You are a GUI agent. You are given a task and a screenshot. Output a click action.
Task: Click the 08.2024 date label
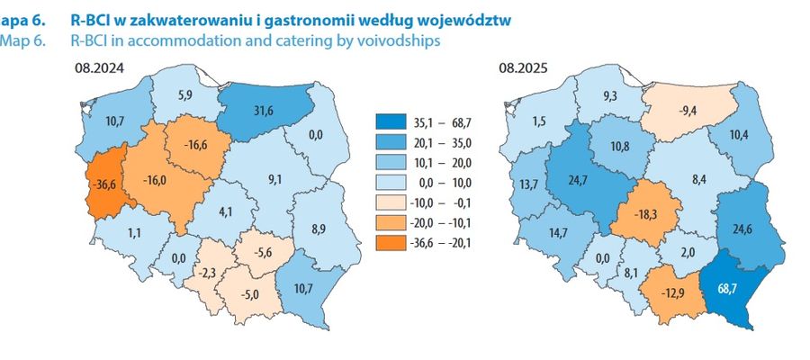point(99,68)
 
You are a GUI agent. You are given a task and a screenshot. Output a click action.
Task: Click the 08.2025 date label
point(523,68)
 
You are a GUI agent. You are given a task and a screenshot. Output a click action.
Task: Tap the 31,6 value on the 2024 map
point(264,112)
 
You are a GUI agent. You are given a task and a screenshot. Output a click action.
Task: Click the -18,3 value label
point(640,214)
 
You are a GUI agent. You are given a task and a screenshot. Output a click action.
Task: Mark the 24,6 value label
point(742,229)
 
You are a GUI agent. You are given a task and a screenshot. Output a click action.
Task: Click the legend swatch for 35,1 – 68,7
point(389,123)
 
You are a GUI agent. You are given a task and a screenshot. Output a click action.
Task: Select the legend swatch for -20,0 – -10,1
point(389,222)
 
